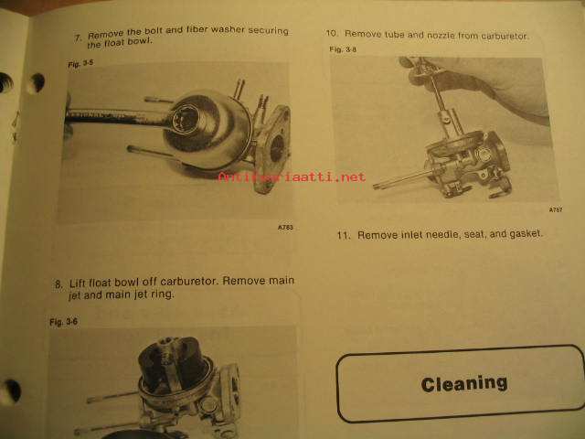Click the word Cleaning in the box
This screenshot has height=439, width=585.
[x=464, y=384]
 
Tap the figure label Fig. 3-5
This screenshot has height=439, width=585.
[x=80, y=63]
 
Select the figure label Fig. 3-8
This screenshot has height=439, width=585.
[x=343, y=49]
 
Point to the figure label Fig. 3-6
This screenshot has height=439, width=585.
[x=63, y=322]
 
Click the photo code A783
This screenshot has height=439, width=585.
[x=285, y=227]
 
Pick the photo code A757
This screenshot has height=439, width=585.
[x=556, y=209]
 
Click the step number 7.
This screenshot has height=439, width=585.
[x=78, y=38]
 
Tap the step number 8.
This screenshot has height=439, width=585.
[x=58, y=284]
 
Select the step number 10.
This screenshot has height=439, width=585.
[x=332, y=33]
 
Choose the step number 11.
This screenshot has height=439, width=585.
[x=344, y=236]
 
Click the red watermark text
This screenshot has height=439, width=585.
[x=292, y=177]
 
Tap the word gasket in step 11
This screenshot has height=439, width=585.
[x=526, y=234]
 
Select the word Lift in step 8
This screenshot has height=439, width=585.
[x=77, y=283]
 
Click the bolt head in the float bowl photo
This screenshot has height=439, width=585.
[x=186, y=119]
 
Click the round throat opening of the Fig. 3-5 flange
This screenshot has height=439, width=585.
[x=277, y=148]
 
